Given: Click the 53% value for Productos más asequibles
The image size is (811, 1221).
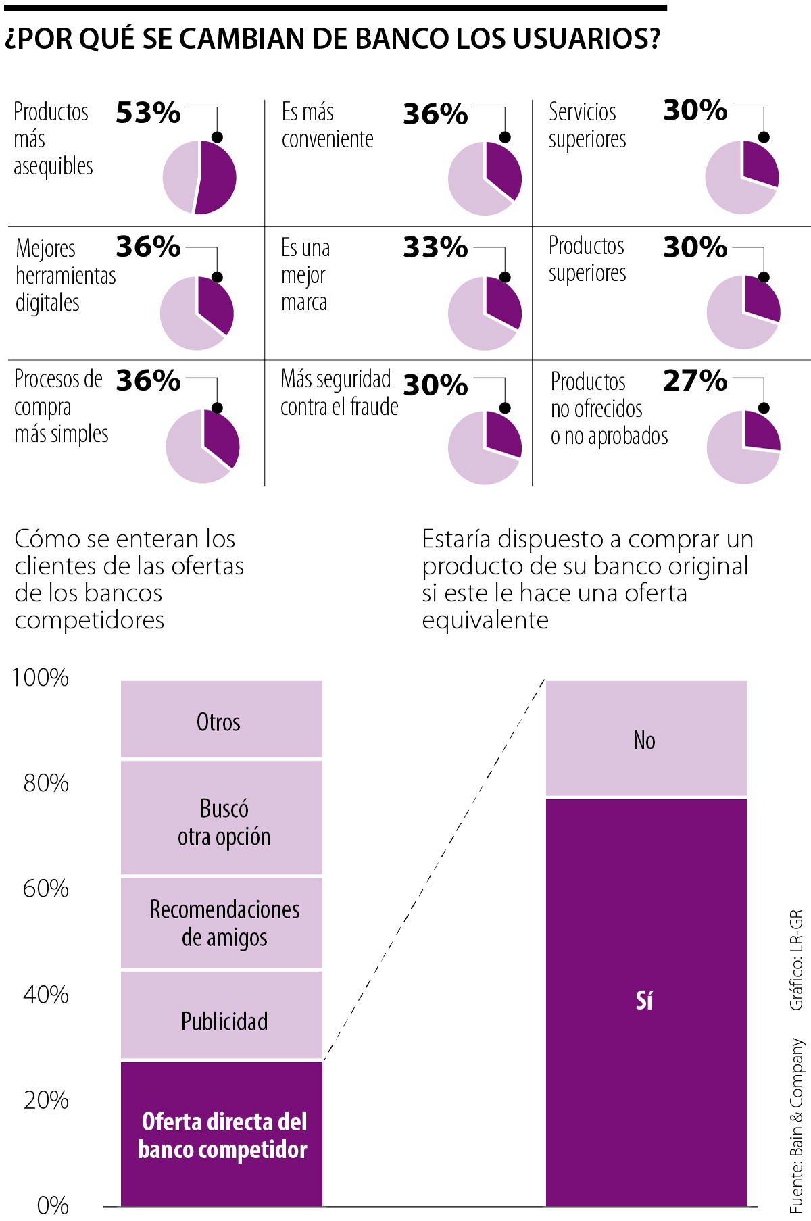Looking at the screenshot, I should pos(148,113).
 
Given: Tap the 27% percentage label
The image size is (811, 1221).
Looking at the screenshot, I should pos(695,381).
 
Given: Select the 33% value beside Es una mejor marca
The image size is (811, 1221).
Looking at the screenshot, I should pos(435,248).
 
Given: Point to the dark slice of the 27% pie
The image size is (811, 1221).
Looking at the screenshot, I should pos(760,432).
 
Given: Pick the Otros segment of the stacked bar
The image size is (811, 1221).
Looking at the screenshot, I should pos(221,720).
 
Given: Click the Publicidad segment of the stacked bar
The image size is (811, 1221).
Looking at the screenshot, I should pos(221,1015).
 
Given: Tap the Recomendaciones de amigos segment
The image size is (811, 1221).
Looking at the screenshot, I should pos(221,923).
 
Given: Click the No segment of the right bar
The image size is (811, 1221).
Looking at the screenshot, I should pos(646,739).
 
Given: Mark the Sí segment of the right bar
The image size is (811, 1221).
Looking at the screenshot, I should pos(646,1000).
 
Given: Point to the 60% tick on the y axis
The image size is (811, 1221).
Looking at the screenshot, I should pos(46,889).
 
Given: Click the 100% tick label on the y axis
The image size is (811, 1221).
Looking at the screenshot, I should pos(41,678).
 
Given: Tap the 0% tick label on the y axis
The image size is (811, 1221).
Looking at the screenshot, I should pos(53,1205).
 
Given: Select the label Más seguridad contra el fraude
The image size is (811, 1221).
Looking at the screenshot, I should pos(339,393).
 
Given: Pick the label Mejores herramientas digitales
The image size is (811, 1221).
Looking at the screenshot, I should pos(66,276).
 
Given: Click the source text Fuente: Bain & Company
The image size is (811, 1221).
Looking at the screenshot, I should pos(797,1125).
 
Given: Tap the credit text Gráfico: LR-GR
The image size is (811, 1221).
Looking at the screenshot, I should pos(797,960).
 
